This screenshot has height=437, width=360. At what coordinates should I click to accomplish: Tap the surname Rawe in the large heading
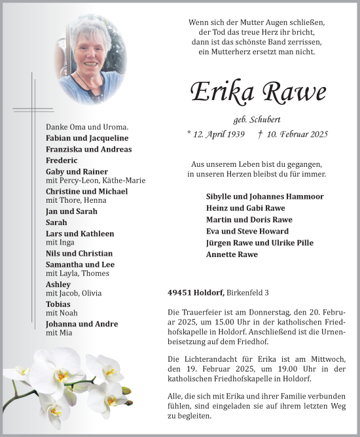coord(293,92)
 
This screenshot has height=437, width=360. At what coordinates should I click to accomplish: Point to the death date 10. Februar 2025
coord(297,134)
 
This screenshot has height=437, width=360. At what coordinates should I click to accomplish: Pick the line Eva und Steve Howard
coord(247,231)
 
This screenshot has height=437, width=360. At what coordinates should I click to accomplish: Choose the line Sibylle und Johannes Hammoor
coord(264,196)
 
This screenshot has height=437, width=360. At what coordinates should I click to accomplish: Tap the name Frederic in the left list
coord(62,160)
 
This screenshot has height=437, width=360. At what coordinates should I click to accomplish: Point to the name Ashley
coord(58,285)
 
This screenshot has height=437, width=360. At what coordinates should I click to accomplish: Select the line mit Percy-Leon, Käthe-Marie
coord(96,181)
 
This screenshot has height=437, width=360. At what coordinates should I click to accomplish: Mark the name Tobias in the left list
coord(58,304)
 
